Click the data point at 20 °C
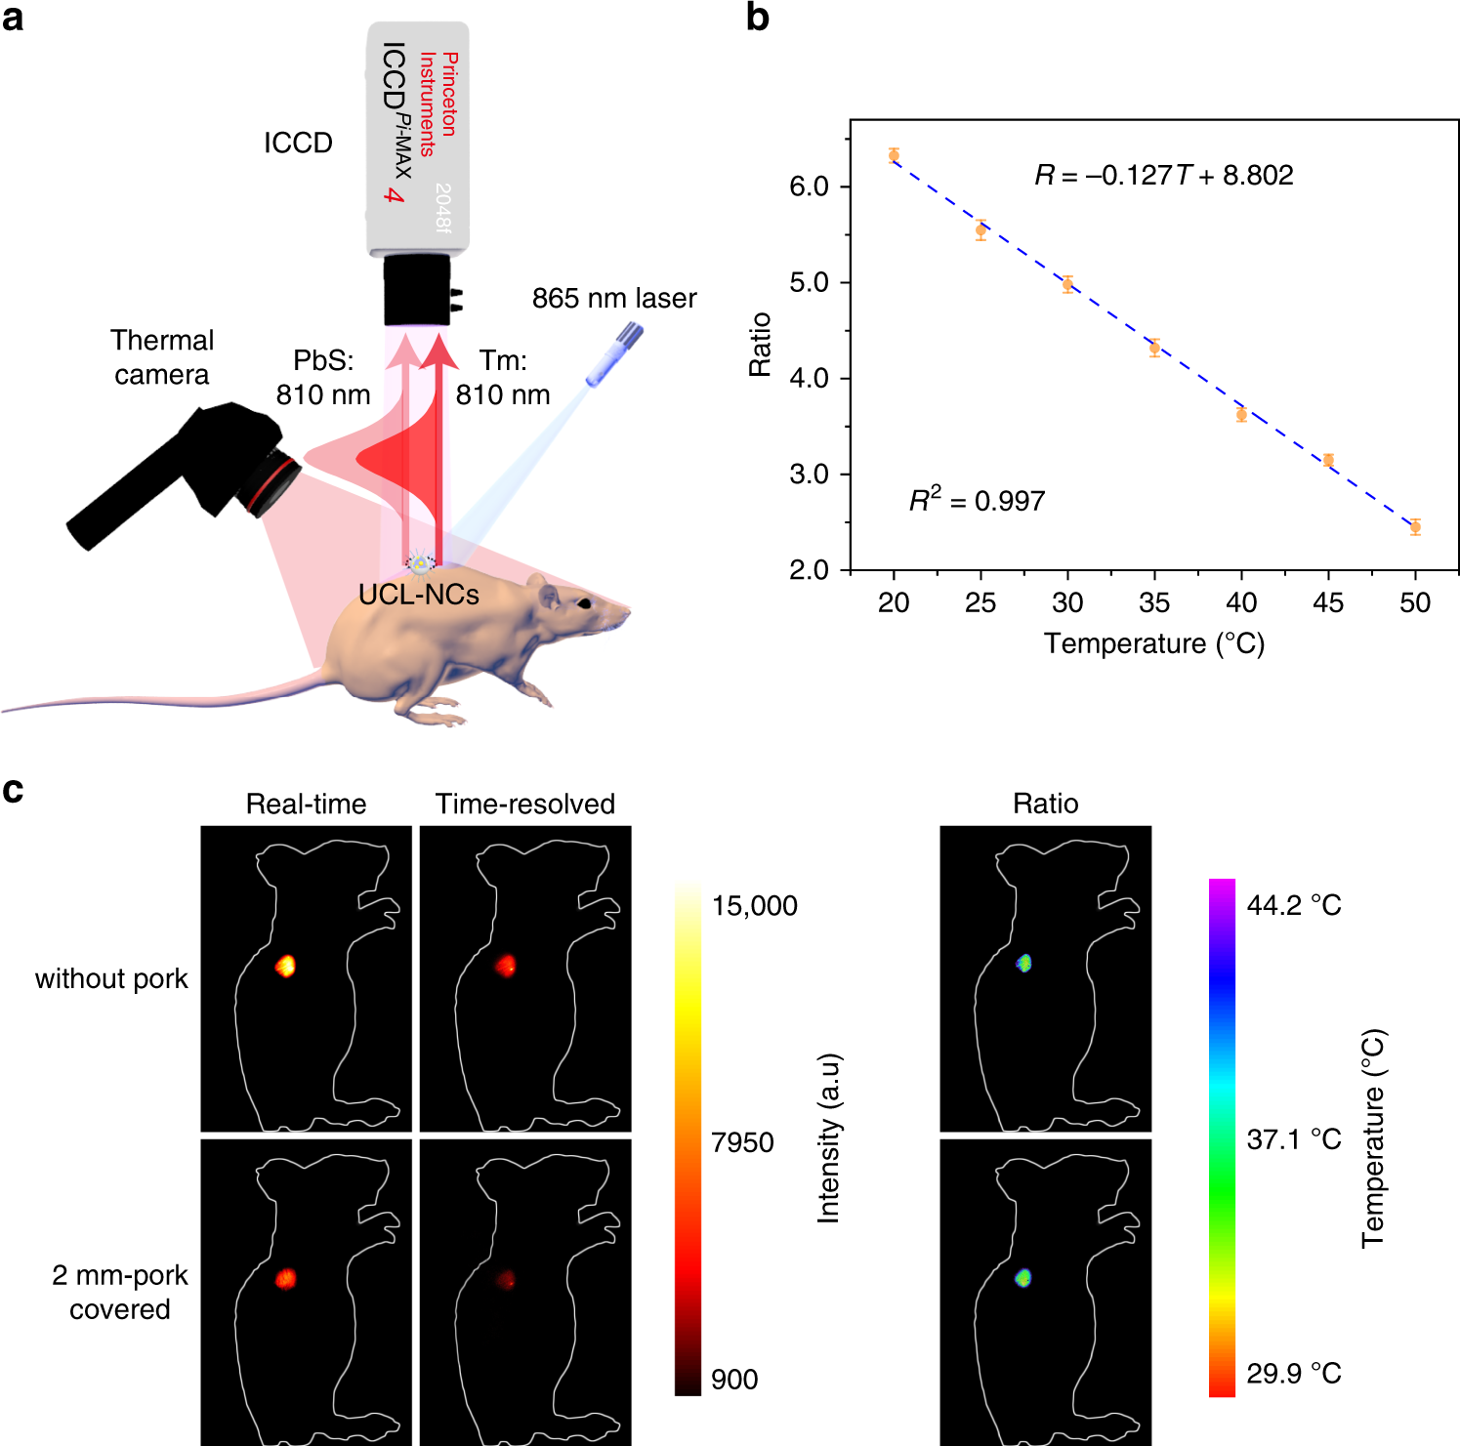point(894,155)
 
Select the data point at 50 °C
point(1415,527)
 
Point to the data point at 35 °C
point(1154,348)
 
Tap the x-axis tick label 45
point(1328,602)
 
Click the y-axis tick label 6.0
point(809,186)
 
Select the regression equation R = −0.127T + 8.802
point(1163,175)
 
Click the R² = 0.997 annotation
point(977,500)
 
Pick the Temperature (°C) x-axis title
point(1153,643)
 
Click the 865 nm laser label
point(614,298)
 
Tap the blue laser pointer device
point(614,355)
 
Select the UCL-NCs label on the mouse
point(419,595)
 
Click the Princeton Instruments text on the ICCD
point(438,103)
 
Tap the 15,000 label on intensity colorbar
point(754,906)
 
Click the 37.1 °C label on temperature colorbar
point(1293,1139)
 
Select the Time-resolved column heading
point(524,804)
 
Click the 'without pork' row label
point(111,978)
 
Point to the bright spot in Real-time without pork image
point(285,966)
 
